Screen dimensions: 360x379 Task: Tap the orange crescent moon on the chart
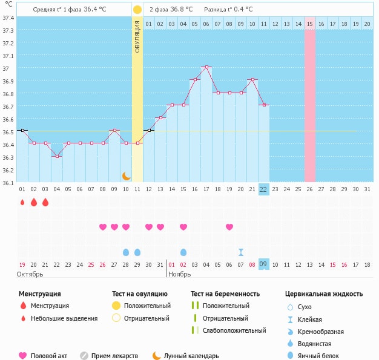click(x=126, y=175)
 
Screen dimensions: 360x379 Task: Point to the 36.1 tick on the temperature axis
click(x=8, y=183)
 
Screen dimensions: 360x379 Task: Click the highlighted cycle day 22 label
click(x=263, y=189)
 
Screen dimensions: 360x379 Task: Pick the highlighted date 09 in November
click(x=263, y=264)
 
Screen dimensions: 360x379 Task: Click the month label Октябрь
click(x=30, y=274)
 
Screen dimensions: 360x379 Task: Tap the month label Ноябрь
click(x=180, y=274)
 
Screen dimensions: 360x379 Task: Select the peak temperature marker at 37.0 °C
click(x=206, y=67)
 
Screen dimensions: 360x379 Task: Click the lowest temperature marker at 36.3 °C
click(x=57, y=156)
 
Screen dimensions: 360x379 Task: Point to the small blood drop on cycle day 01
click(x=22, y=203)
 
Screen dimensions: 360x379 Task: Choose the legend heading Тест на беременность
click(x=225, y=293)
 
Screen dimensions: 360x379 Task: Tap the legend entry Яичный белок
click(x=323, y=356)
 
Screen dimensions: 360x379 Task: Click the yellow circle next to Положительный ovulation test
click(x=116, y=306)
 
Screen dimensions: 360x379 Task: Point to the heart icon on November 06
click(x=229, y=227)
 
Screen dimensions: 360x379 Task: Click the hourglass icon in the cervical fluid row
click(x=241, y=252)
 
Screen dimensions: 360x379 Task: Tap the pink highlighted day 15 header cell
click(x=309, y=24)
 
